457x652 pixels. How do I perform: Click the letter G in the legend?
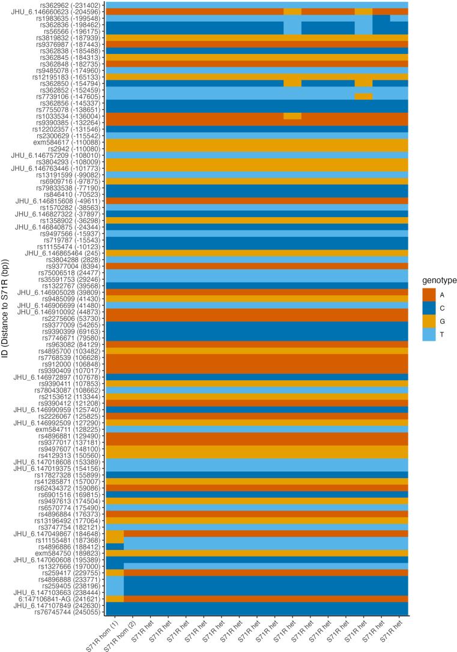[x=441, y=320]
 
